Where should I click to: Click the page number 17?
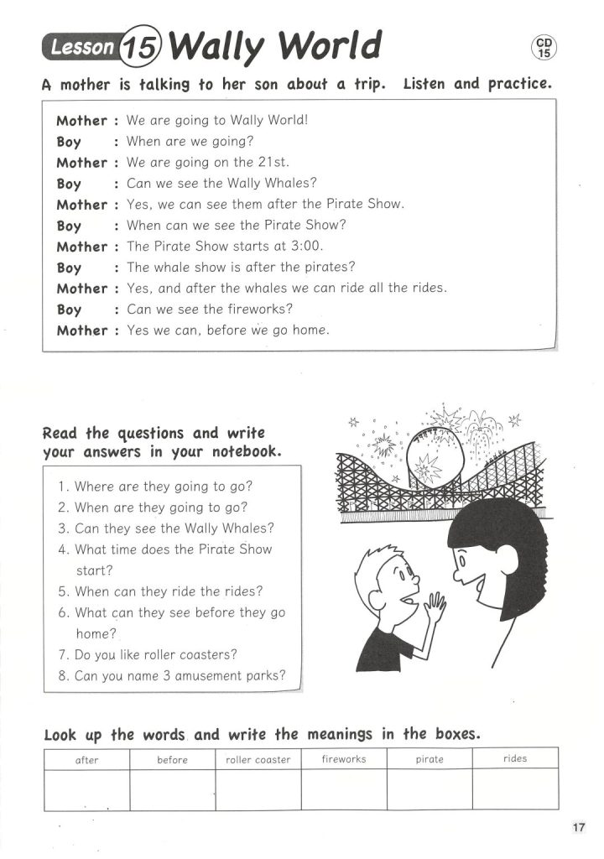pos(579,828)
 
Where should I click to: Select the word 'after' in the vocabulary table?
pos(86,760)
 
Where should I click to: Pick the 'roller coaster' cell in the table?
pos(258,760)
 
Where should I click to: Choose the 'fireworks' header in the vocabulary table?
pos(344,759)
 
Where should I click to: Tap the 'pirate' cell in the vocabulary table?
pos(430,759)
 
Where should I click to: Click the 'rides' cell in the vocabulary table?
pos(515,758)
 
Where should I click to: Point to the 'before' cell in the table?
pos(172,760)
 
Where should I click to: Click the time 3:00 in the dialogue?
pos(306,247)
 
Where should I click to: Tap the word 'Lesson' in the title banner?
pos(82,49)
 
